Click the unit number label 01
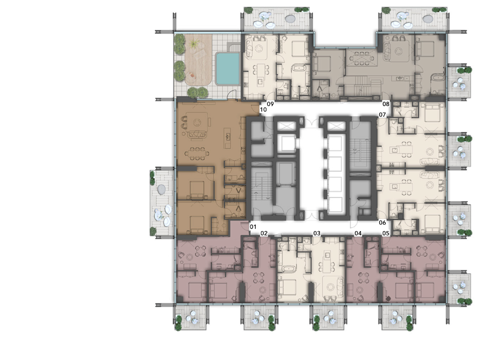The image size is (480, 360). pos(253,227)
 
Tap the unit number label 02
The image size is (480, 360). pos(264,233)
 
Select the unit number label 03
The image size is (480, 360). pos(317,233)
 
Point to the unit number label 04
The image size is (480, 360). pos(358,233)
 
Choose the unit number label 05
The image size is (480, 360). pos(386,233)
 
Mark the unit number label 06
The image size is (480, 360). pos(382,222)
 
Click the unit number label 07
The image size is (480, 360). pos(382,114)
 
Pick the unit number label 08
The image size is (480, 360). pos(386,104)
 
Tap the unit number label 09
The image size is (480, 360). pos(270,104)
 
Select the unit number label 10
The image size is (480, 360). pos(263,109)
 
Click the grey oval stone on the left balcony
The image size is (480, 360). pos(161,189)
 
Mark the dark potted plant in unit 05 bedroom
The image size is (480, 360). pos(388,298)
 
